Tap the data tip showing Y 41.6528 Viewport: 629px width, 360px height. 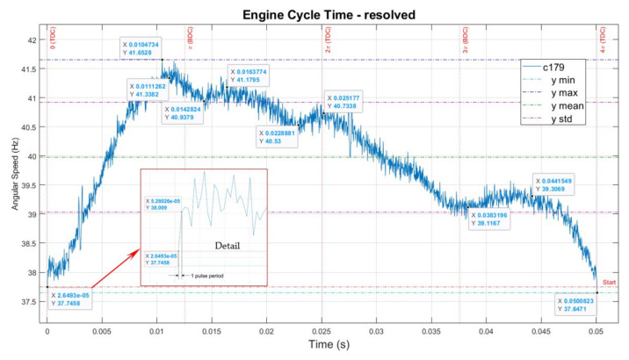pyautogui.click(x=143, y=48)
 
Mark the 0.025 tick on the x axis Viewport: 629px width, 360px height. pyautogui.click(x=322, y=323)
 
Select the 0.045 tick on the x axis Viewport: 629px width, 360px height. pyautogui.click(x=542, y=323)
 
